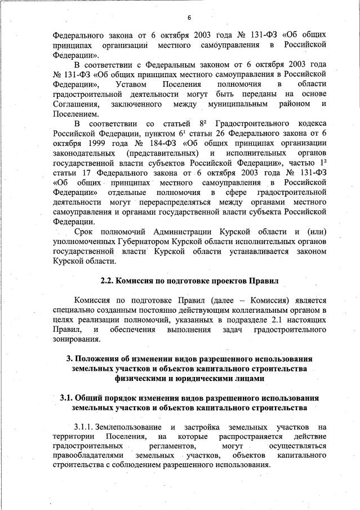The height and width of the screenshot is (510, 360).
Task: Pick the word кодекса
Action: [310, 123]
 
